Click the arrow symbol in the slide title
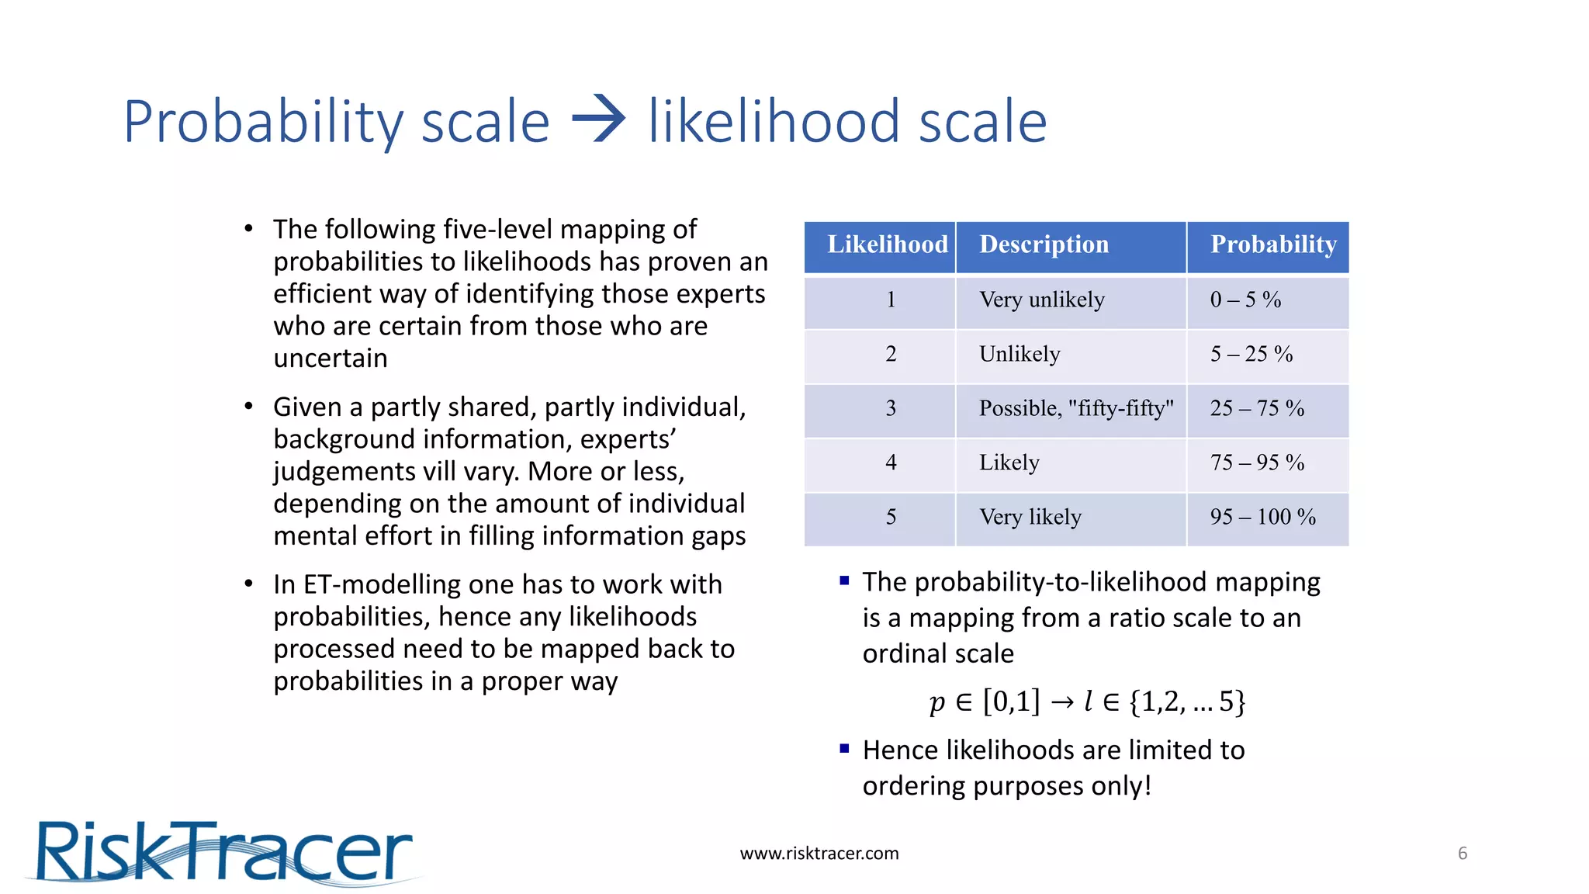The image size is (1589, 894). pyautogui.click(x=598, y=120)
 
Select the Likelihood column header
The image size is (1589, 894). pyautogui.click(x=887, y=244)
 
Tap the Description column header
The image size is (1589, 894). pyautogui.click(x=1044, y=244)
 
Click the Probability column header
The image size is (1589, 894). pyautogui.click(x=1273, y=244)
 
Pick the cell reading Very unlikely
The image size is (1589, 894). pyautogui.click(x=1041, y=300)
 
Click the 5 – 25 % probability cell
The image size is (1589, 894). pyautogui.click(x=1251, y=354)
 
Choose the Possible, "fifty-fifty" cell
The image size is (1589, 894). pyautogui.click(x=1075, y=408)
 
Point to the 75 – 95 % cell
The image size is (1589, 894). pyautogui.click(x=1257, y=463)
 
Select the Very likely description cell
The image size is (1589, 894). pyautogui.click(x=1030, y=517)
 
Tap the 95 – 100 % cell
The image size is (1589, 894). pyautogui.click(x=1262, y=517)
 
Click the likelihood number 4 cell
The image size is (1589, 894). pyautogui.click(x=891, y=463)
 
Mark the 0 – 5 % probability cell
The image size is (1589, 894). pyautogui.click(x=1245, y=300)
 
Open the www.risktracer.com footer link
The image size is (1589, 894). pyautogui.click(x=819, y=854)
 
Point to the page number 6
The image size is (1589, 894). pyautogui.click(x=1463, y=854)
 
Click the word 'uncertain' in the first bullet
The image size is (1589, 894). pyautogui.click(x=331, y=359)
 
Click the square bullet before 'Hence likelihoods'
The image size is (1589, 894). pyautogui.click(x=844, y=749)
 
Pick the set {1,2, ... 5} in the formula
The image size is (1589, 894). pyautogui.click(x=1187, y=702)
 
